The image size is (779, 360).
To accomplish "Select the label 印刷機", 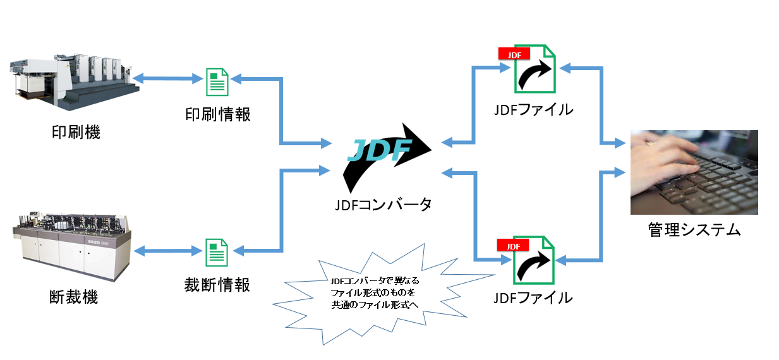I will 75,133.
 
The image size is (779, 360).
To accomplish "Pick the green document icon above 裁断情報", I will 217,252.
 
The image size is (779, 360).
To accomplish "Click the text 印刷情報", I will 217,114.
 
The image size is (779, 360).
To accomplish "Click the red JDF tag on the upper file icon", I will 514,54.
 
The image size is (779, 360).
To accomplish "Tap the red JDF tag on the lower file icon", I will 513,246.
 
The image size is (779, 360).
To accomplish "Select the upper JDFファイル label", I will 534,109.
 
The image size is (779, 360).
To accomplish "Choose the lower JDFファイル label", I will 534,297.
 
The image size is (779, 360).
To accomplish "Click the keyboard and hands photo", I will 694,172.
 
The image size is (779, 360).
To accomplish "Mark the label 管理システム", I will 694,229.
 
